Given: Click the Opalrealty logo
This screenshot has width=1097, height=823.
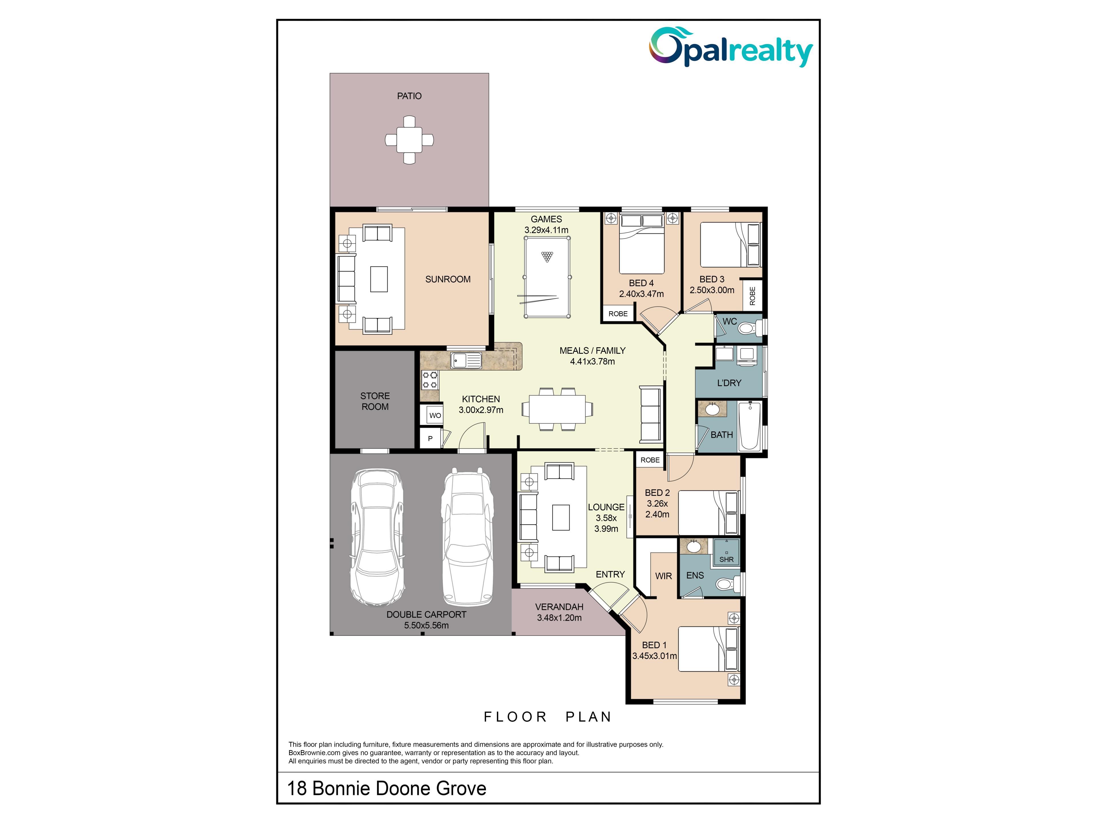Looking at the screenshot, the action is [731, 47].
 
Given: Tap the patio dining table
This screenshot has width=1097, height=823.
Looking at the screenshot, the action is [409, 140].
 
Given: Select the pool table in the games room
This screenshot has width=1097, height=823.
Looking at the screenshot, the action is [547, 277].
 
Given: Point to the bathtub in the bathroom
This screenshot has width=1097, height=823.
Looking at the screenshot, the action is [749, 426].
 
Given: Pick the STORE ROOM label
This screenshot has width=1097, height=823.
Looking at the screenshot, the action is [375, 401].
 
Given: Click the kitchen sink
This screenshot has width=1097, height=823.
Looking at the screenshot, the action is [466, 360].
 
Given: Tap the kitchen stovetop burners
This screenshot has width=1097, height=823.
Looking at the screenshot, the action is [429, 380].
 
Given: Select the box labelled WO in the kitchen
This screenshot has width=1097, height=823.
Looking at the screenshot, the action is [435, 415].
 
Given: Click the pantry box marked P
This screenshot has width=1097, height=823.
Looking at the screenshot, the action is [430, 439].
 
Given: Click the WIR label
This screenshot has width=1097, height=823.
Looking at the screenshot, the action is [664, 576].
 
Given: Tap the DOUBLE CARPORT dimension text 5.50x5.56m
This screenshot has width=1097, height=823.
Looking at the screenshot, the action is [427, 625].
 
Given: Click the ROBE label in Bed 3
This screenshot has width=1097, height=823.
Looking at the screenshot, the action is [752, 296].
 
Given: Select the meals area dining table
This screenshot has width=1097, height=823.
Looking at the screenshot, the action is [557, 409].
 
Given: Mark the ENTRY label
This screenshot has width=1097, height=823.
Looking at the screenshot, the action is [610, 574].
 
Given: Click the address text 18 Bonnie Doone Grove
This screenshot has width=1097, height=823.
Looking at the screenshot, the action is [387, 788].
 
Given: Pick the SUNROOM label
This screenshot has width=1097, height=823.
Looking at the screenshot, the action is [448, 279].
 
